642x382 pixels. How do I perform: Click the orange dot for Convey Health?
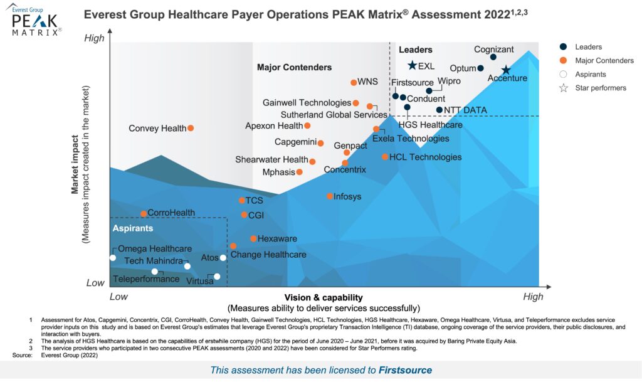[191, 128]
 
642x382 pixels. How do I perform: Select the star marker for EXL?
[412, 66]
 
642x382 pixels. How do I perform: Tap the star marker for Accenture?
[506, 70]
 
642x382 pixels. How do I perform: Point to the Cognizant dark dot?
[493, 57]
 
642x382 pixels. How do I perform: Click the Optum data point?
[480, 68]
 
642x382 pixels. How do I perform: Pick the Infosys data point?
[330, 196]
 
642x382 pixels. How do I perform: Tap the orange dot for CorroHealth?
[144, 214]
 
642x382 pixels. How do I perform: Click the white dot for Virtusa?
[217, 277]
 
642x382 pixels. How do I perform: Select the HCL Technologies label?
[425, 157]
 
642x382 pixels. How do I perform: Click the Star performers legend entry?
[600, 88]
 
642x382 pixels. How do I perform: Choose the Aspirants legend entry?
[590, 74]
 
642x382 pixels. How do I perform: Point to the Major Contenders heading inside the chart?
[294, 67]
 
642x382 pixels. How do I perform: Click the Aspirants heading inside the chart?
[132, 228]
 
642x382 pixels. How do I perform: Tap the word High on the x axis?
[533, 296]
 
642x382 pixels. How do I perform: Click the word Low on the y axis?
[95, 283]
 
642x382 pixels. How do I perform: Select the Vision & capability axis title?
[323, 297]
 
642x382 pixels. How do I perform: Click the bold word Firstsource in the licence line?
[405, 370]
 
